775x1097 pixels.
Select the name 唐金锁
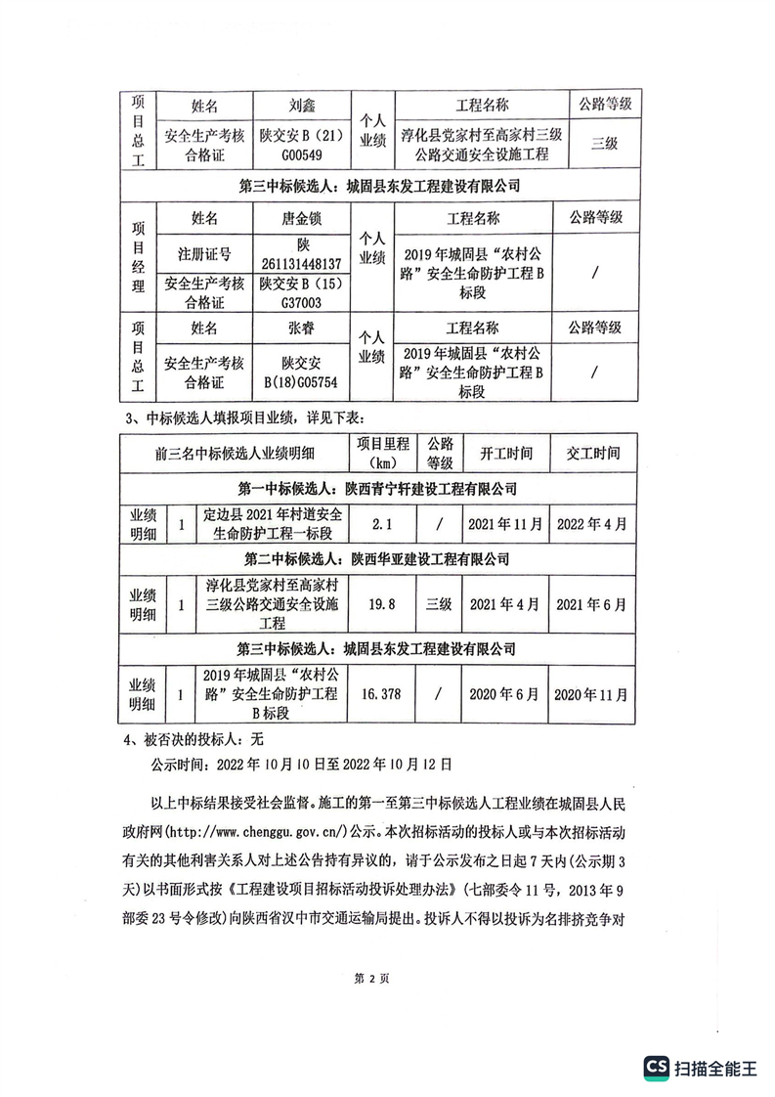302,217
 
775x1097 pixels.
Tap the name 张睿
302,328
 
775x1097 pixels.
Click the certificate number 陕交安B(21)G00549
302,144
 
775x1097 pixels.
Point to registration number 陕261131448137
302,254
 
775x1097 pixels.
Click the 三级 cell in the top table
605,144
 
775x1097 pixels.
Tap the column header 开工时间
505,454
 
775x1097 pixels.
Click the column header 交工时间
592,454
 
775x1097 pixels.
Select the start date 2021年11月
505,524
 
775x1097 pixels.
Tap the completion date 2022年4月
592,524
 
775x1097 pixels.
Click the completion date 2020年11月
592,693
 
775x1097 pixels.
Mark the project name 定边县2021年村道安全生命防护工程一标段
268,524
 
